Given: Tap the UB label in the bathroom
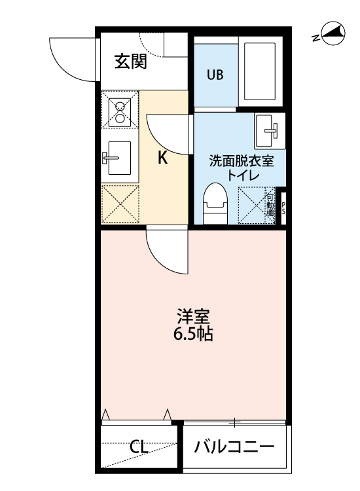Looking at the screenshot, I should coord(215,75).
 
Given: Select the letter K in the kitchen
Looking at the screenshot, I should coord(164,157).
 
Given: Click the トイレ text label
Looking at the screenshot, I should coord(242,175).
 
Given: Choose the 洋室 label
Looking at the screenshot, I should coord(193,317).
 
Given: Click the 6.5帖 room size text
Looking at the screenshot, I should coord(193,335).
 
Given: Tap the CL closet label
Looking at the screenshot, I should coord(138,448).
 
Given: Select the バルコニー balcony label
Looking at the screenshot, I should coord(234,448).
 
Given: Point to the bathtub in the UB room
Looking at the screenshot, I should coord(261,70).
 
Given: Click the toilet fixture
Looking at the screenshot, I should coord(214,204).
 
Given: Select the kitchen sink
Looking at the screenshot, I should coord(118,158).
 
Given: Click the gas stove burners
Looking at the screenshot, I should coord(120,111).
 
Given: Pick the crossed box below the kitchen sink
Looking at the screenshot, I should coord(120,204).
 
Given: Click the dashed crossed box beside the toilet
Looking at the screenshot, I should coord(255,205).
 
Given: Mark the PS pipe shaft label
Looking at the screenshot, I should coord(283,208).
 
